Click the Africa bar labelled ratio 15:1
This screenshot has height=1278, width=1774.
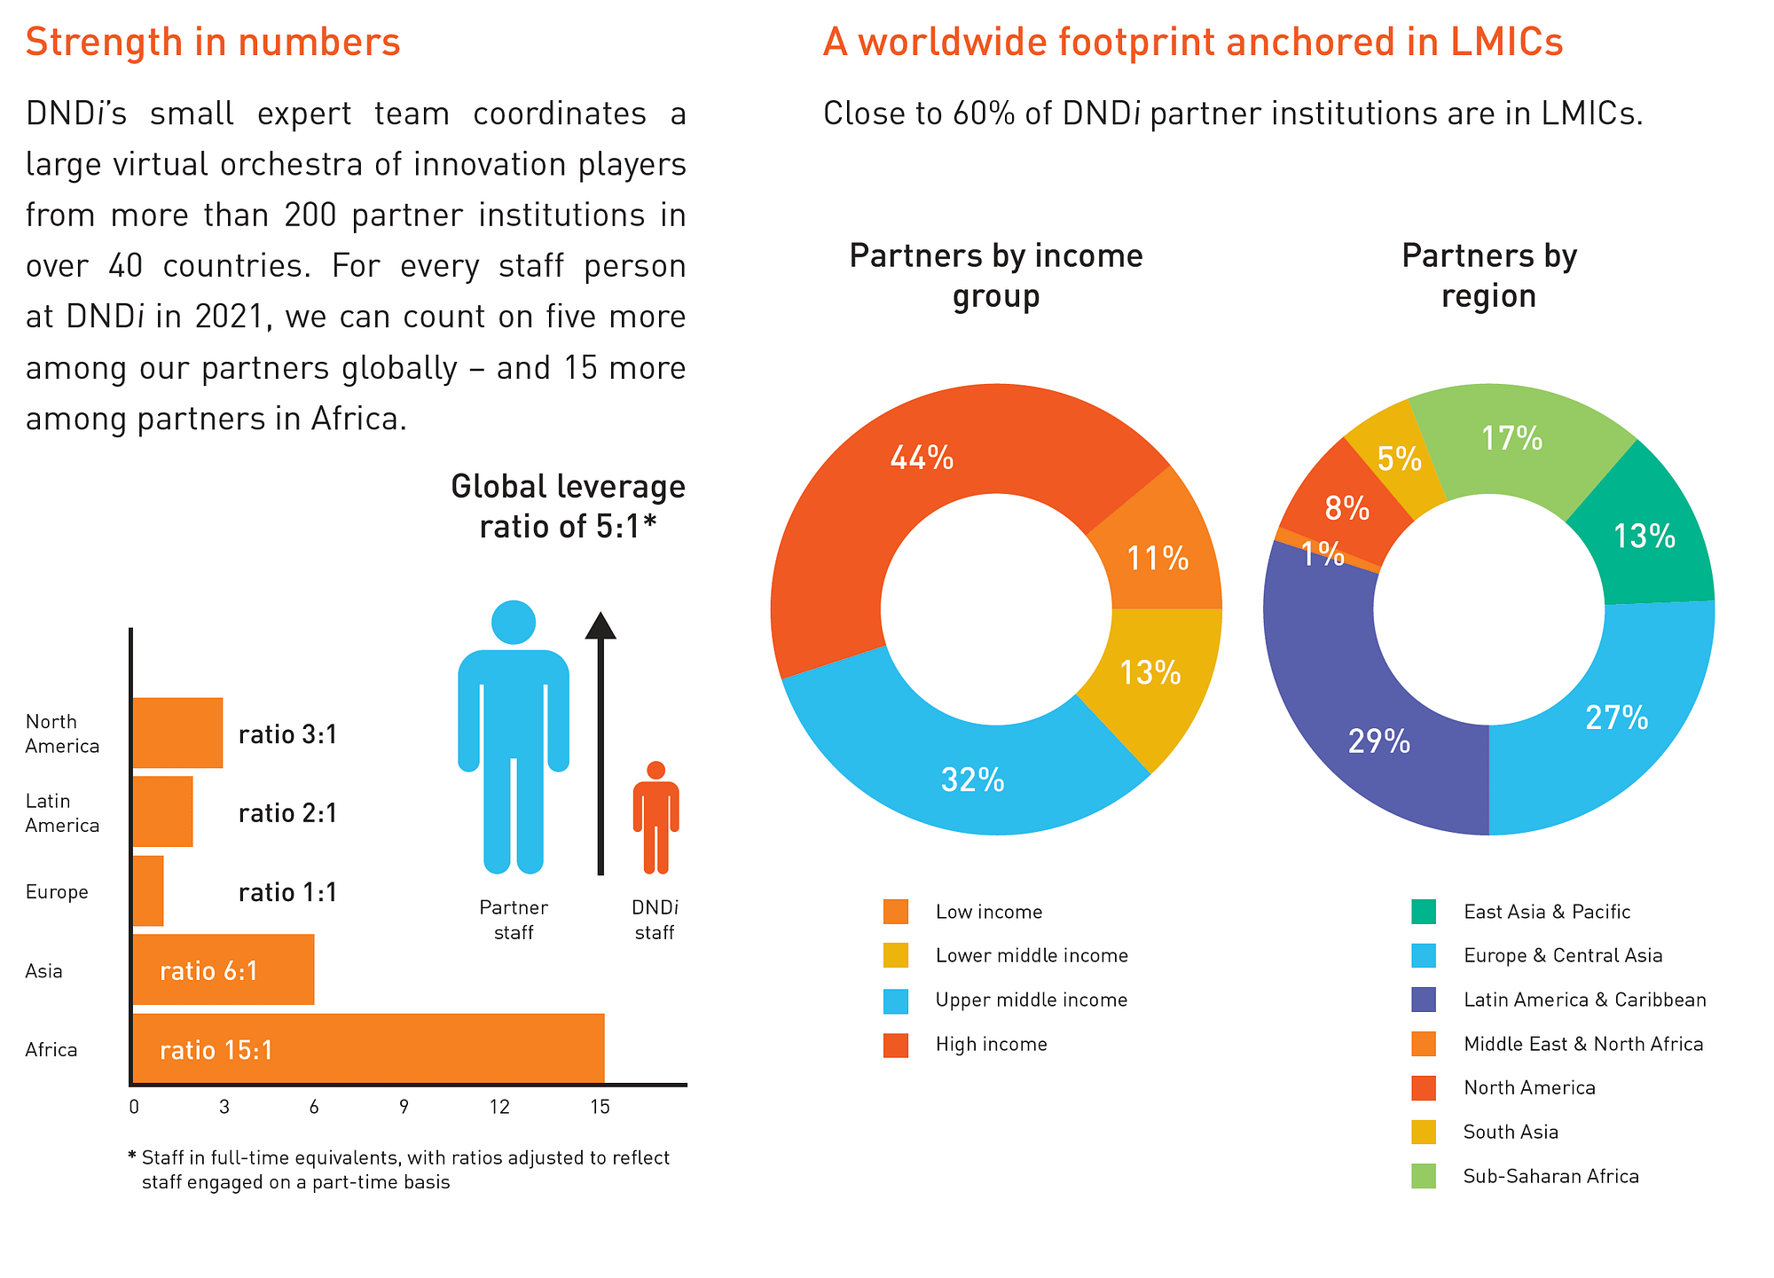(368, 1049)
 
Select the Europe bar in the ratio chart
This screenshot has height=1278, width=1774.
(147, 891)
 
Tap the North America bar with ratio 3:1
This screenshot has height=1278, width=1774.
(177, 733)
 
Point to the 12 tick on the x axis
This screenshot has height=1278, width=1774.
(499, 1107)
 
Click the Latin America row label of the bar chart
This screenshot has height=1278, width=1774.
(62, 813)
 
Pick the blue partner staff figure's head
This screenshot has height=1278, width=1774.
(514, 623)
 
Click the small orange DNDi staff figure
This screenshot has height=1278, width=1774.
(655, 817)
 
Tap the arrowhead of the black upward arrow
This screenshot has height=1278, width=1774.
(600, 626)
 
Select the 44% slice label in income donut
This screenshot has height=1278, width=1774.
(922, 458)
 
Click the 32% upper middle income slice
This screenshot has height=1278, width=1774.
(972, 780)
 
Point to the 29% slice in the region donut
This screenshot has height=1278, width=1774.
(1378, 741)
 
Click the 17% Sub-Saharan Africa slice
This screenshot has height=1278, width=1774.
(1512, 438)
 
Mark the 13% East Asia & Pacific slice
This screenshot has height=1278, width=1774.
(1644, 536)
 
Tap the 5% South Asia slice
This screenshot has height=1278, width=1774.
(1399, 459)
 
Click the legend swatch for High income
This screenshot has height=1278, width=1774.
(896, 1045)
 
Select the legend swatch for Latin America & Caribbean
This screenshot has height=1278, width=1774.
(1424, 1000)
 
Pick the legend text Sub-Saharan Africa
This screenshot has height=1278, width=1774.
(1550, 1177)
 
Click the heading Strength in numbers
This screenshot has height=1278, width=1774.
(213, 42)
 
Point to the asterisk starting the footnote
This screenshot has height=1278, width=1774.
(133, 1156)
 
